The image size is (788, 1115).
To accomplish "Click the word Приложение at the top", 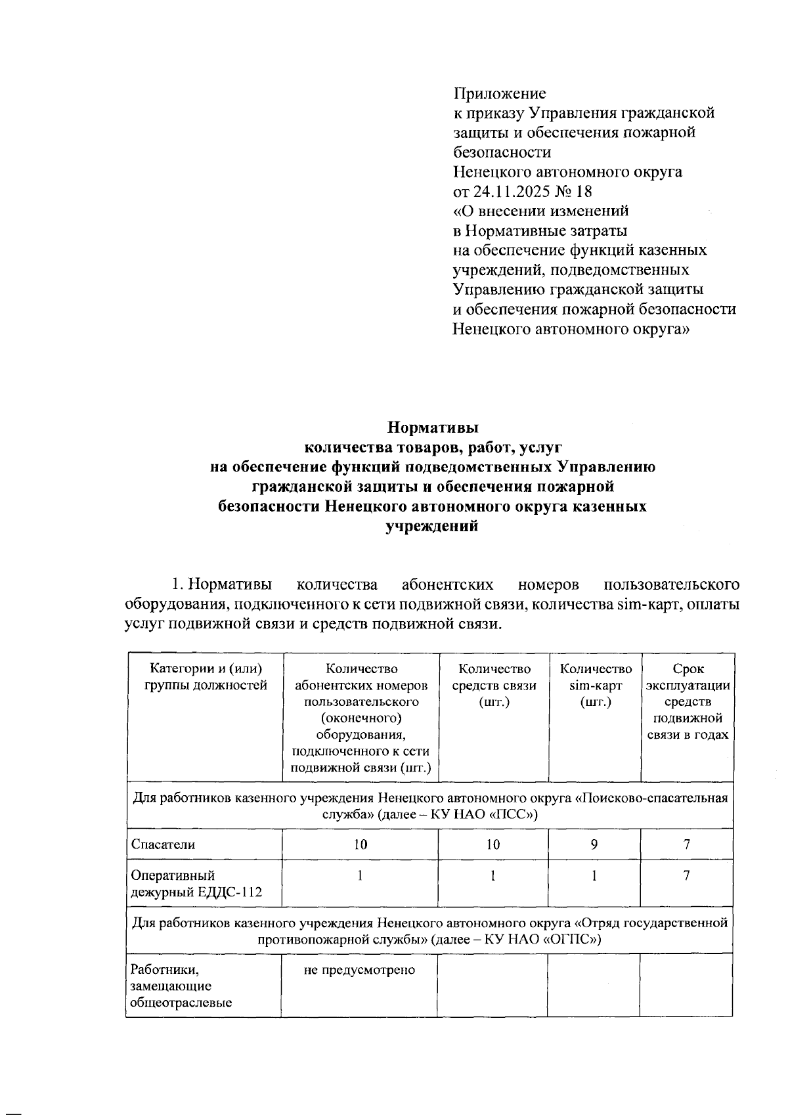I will tap(500, 93).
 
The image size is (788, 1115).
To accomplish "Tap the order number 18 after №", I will tap(583, 192).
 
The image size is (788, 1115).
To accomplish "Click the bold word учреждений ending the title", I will tap(432, 526).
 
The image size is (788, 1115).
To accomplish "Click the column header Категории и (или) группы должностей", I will tap(206, 677).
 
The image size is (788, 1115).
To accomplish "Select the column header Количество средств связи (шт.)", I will tap(494, 686).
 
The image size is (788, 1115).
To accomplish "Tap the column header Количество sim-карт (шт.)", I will tap(596, 686).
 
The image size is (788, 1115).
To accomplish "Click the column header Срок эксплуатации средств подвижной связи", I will tap(688, 702).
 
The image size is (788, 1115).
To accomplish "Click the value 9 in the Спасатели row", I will tap(594, 844).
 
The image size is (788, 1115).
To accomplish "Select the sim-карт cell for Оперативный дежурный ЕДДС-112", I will tap(594, 875).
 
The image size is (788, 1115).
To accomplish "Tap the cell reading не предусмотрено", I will tap(359, 970).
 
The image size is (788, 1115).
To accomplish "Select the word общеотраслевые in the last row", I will tap(182, 1003).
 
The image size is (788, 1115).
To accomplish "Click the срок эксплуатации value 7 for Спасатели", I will tap(687, 844).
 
